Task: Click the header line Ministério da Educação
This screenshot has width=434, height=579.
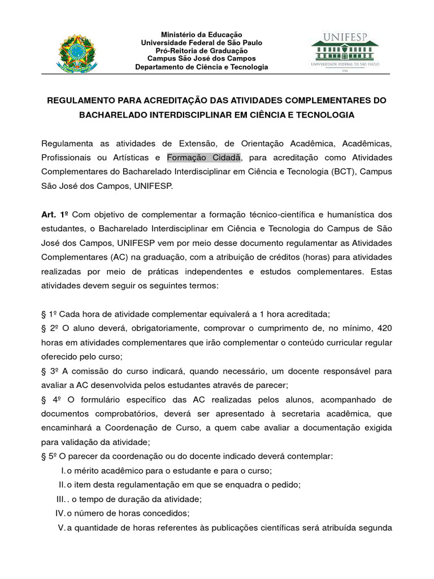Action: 201,35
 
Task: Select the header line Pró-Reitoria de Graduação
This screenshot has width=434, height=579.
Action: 201,51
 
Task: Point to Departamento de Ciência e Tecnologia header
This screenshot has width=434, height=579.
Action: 201,67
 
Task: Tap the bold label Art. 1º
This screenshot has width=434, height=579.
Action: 53,215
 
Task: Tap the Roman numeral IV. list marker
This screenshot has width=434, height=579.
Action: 60,513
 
